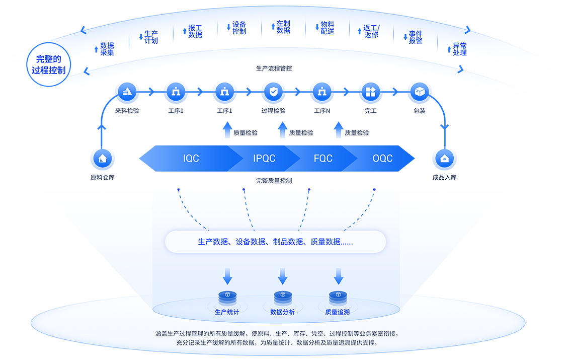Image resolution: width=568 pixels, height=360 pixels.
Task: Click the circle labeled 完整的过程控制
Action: [48, 64]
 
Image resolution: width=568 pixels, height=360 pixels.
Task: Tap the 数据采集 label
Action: [107, 49]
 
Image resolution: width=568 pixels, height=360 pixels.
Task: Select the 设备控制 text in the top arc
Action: [239, 28]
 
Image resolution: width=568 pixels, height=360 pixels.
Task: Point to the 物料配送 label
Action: [327, 28]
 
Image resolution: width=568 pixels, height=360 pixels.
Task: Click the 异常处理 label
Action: [459, 49]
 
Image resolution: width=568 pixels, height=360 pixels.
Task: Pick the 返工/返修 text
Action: [371, 31]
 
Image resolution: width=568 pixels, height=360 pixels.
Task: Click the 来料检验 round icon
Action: [127, 92]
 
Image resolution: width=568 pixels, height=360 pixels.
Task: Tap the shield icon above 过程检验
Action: [273, 92]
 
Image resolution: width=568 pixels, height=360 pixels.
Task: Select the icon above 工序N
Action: [322, 92]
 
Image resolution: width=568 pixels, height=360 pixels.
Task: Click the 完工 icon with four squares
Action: [371, 92]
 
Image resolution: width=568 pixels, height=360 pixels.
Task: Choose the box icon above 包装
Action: [419, 92]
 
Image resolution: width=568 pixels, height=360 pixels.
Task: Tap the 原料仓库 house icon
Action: [103, 159]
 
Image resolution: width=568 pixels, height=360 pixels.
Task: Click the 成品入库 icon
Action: [444, 159]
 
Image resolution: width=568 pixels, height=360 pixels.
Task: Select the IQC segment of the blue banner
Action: [191, 159]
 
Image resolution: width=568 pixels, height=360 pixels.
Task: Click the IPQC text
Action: [264, 159]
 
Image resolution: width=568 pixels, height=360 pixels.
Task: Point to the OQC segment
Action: [382, 159]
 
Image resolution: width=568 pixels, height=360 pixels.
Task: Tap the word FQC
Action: [323, 159]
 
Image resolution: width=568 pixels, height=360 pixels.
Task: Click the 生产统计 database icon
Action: [227, 296]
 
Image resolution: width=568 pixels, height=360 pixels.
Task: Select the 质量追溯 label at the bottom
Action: [338, 312]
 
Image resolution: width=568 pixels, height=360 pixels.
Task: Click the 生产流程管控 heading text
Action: [274, 68]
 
